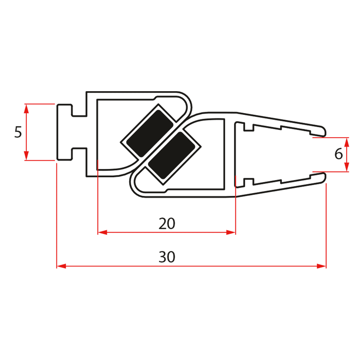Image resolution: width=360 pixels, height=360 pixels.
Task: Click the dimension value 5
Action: (x=18, y=132)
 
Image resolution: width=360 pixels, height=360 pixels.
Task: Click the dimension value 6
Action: (x=338, y=154)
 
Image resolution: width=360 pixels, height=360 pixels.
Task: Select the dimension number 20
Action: (x=167, y=224)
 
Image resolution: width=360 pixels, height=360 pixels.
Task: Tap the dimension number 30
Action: (x=167, y=257)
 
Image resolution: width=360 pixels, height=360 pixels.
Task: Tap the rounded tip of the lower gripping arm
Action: (x=323, y=178)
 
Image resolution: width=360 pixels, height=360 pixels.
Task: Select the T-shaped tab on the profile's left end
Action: (x=64, y=132)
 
